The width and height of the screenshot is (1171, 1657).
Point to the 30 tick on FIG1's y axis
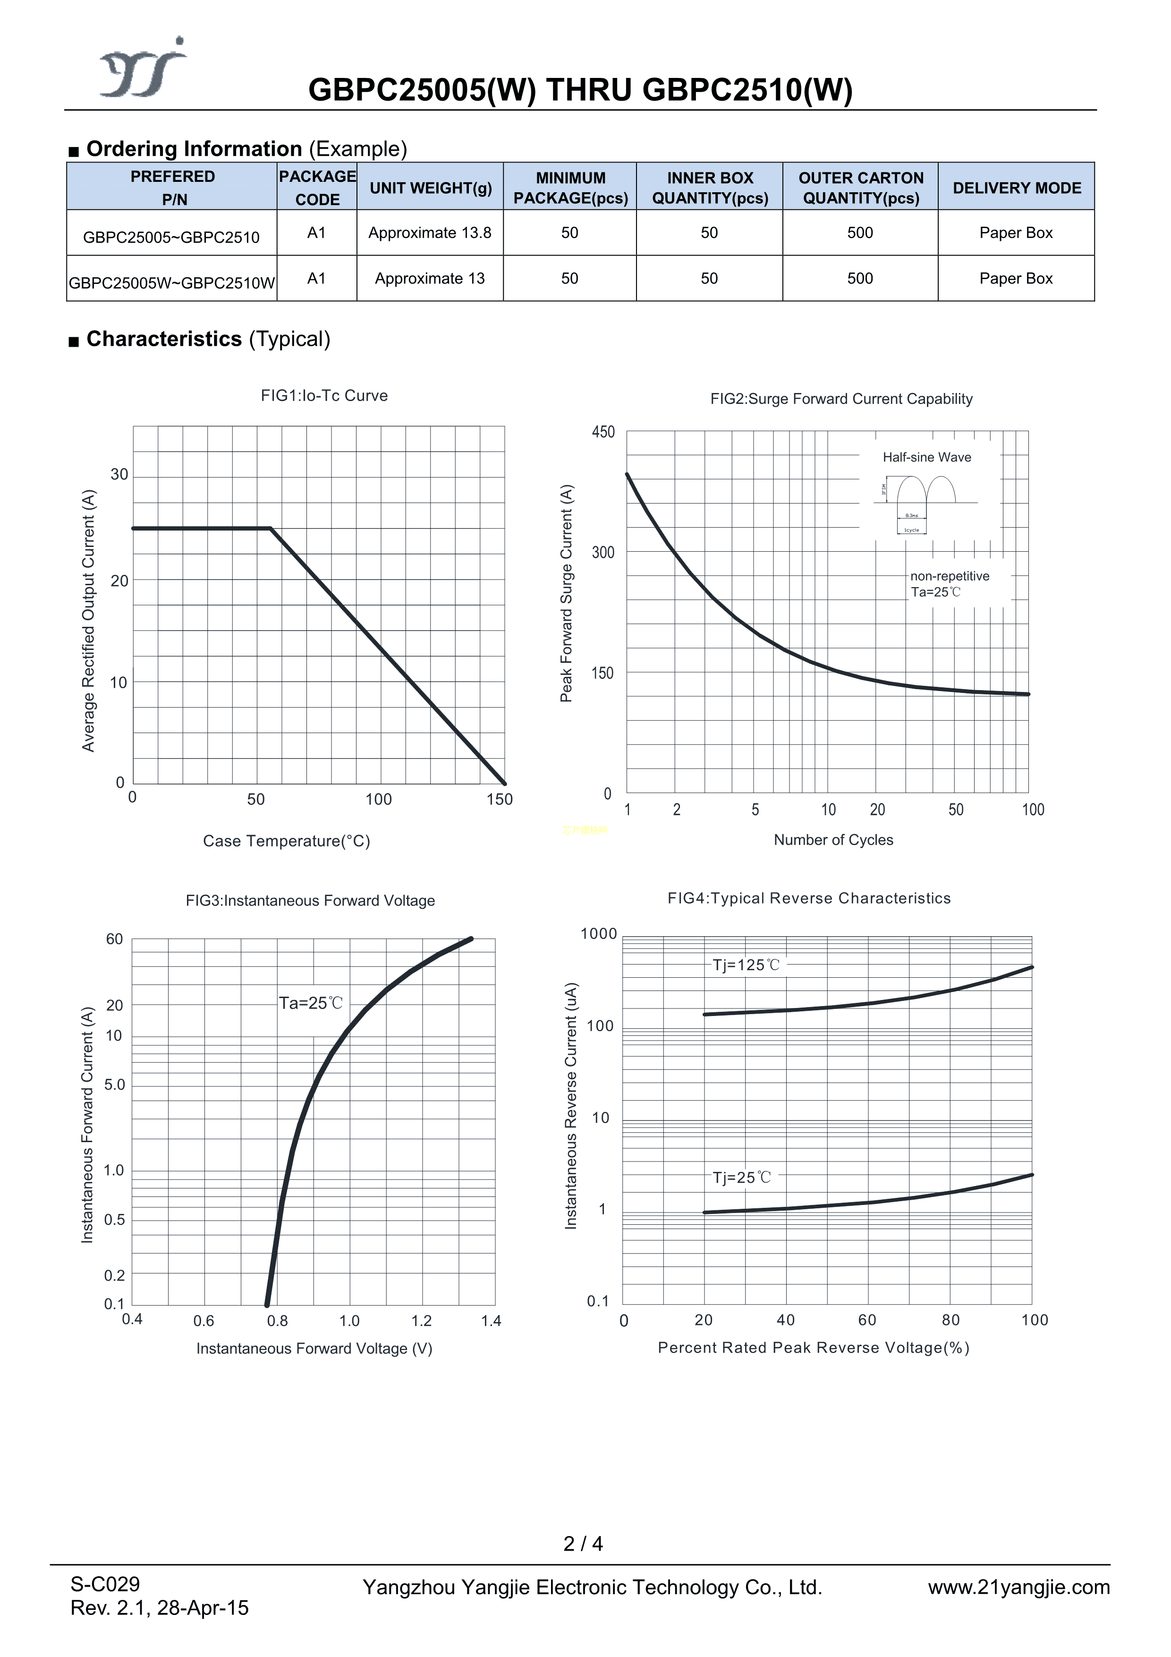[x=119, y=475]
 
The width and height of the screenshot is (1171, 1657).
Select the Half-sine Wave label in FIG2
[x=926, y=458]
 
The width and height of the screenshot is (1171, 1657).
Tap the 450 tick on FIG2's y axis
[x=603, y=432]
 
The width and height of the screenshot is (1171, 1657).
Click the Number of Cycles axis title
[x=833, y=840]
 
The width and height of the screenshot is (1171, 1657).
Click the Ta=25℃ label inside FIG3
[x=311, y=1003]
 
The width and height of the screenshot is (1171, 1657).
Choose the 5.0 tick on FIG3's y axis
[x=115, y=1085]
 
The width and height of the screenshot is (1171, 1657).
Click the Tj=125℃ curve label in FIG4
[x=746, y=965]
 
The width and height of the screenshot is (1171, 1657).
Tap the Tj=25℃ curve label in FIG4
[x=742, y=1178]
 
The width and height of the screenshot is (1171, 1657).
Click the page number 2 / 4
[x=583, y=1544]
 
